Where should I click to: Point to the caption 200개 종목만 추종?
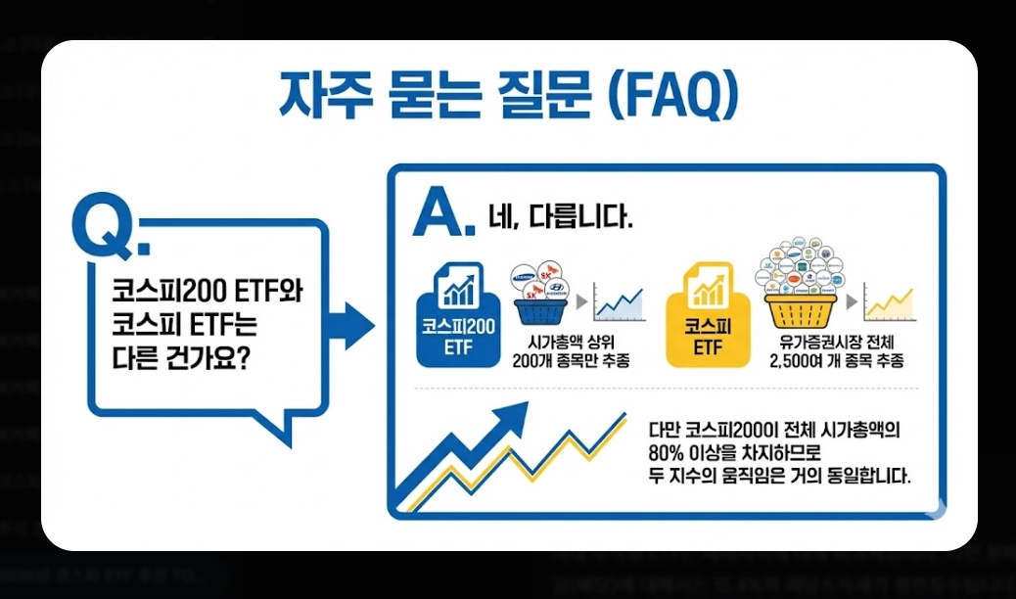click(571, 360)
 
